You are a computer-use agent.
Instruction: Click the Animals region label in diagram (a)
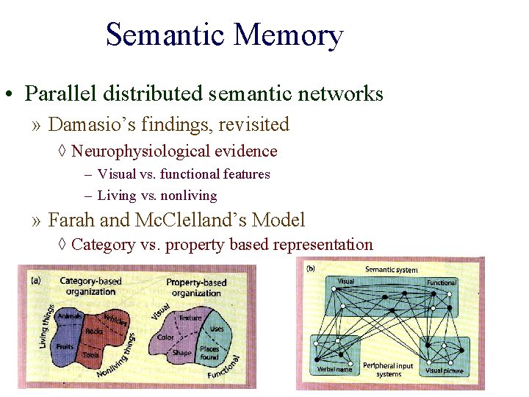[70, 316]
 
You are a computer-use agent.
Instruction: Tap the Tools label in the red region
[92, 355]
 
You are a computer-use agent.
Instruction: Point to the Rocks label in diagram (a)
[94, 332]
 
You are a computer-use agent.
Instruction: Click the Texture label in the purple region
[190, 318]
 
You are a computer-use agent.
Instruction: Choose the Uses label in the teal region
[216, 329]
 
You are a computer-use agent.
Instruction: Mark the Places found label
[209, 353]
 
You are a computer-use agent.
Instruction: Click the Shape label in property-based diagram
[181, 352]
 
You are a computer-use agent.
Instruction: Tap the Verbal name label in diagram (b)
[334, 368]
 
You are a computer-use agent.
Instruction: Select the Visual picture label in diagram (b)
[445, 371]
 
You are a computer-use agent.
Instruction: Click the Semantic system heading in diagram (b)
[391, 270]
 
